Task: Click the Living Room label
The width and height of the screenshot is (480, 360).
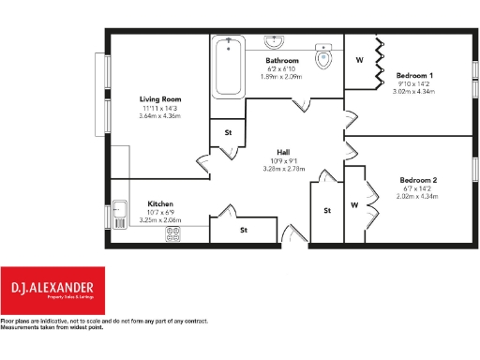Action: click(x=160, y=99)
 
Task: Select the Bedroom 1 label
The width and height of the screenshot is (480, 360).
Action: click(x=414, y=75)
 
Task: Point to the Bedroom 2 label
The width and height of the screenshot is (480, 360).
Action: click(x=417, y=179)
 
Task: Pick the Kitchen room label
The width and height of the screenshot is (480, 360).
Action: click(x=160, y=203)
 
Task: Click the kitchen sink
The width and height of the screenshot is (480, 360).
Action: click(x=120, y=214)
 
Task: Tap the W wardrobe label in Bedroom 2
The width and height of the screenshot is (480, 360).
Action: click(x=353, y=204)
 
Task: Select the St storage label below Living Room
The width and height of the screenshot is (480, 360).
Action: click(x=228, y=133)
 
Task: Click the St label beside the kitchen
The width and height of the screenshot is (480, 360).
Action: click(x=243, y=229)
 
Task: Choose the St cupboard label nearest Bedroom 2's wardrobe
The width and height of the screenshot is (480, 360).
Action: click(x=327, y=211)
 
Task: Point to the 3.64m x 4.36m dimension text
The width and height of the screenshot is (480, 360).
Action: click(x=160, y=116)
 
